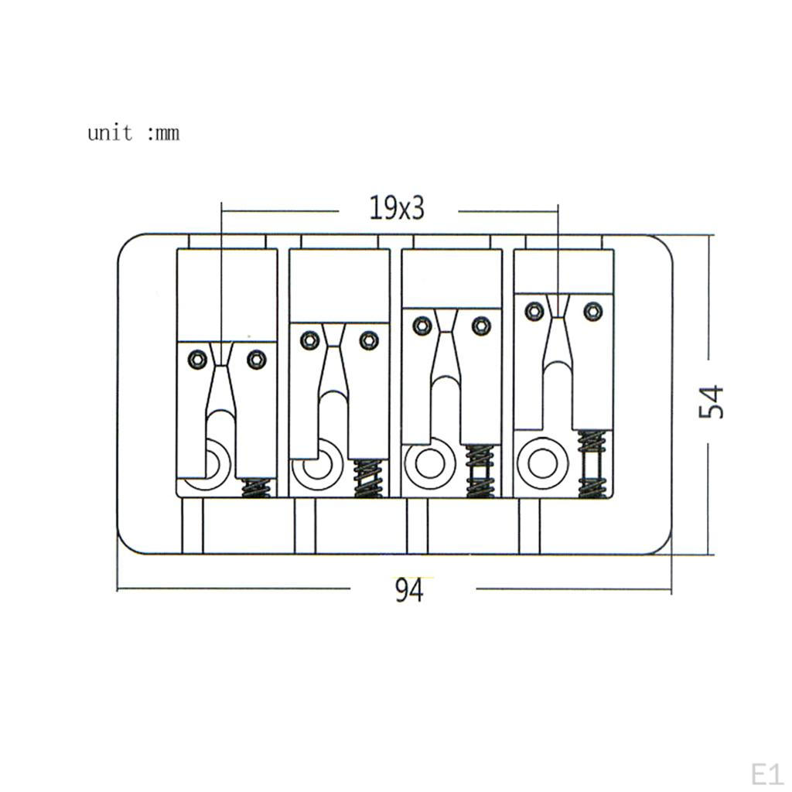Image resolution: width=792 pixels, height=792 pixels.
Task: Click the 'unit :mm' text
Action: [x=133, y=133]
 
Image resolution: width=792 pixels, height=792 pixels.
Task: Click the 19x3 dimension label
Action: [x=397, y=207]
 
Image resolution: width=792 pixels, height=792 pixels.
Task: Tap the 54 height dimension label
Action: [x=712, y=402]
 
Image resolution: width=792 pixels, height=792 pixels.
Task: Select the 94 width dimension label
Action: [x=409, y=590]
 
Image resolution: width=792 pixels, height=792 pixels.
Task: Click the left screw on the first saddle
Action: [x=197, y=359]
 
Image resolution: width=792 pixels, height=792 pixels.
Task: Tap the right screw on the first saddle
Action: [x=257, y=359]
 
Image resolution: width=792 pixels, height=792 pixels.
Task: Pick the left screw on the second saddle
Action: [x=309, y=340]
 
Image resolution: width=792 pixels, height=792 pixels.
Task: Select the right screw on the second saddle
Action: [x=369, y=340]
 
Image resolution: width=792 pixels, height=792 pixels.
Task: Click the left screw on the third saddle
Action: [x=422, y=326]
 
